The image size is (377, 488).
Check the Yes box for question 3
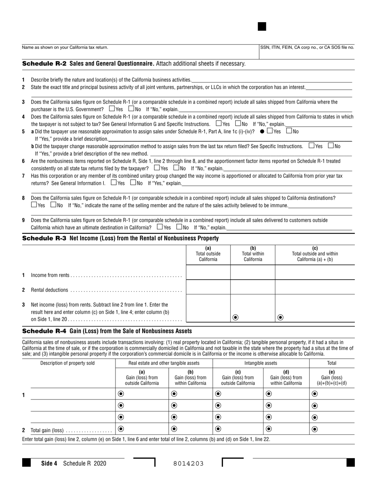112,109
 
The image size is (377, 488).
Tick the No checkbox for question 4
238,123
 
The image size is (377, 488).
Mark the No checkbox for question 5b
331,146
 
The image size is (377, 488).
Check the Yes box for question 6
156,168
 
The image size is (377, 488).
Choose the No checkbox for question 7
133,183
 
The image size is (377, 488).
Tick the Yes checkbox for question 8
34,205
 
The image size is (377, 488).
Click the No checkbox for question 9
179,227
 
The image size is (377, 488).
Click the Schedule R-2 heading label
44,63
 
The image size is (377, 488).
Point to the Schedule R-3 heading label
44,238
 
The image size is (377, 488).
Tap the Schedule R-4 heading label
44,331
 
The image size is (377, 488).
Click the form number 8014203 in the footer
188,463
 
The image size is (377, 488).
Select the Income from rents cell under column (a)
208,273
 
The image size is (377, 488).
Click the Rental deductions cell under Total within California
252,287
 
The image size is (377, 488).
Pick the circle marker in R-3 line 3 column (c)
281,317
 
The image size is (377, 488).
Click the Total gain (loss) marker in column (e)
315,428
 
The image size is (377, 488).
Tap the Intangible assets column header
261,363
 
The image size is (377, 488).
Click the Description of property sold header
67,363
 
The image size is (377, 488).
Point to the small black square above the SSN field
262,27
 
